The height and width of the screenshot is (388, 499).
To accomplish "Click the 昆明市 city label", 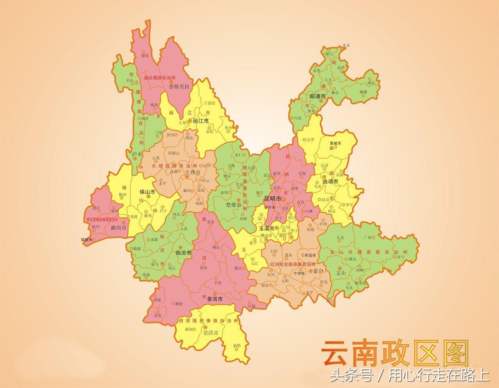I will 273,199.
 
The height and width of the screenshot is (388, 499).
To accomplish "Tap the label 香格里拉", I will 179,87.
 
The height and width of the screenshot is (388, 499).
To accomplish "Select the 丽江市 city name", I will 201,121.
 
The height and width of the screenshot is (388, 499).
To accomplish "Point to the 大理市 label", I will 192,172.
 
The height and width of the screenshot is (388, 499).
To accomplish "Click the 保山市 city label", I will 147,192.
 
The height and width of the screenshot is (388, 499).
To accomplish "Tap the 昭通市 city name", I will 318,96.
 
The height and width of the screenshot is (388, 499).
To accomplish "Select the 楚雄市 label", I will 233,205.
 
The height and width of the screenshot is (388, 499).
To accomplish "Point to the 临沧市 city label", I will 183,253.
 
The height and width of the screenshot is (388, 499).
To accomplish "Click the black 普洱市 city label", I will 215,299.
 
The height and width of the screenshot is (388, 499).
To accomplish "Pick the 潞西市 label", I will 119,228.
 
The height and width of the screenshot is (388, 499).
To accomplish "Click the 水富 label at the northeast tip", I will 346,46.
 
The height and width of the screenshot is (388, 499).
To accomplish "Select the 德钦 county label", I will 145,56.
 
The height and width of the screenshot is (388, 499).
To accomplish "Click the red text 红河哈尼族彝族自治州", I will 293,264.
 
